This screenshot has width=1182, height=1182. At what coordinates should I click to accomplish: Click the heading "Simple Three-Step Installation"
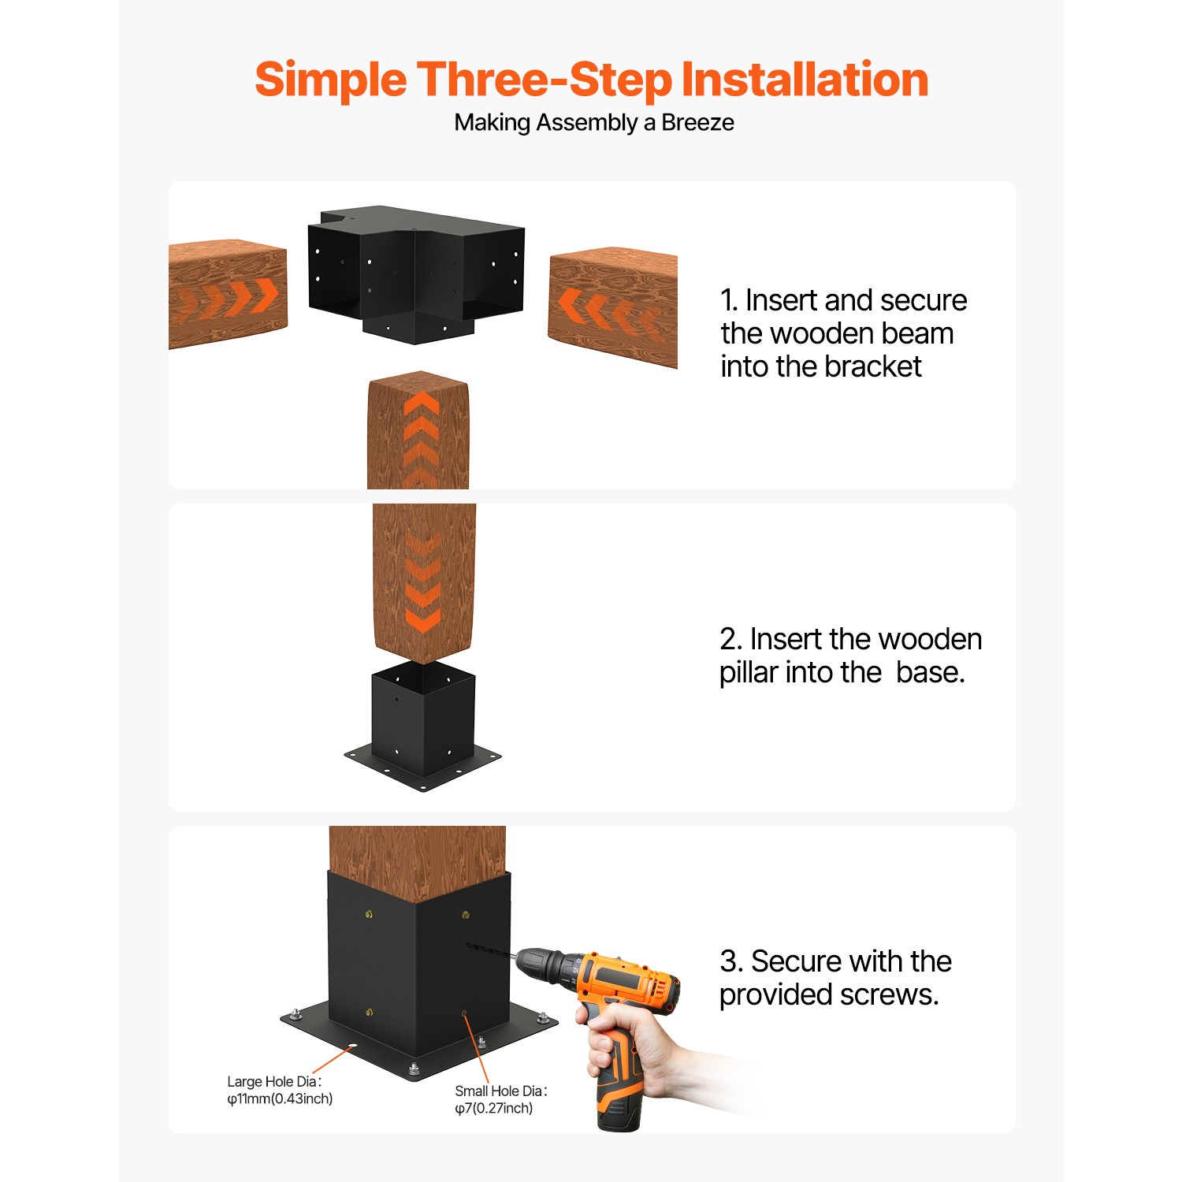(591, 80)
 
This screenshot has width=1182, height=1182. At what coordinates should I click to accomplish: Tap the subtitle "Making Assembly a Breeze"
(593, 123)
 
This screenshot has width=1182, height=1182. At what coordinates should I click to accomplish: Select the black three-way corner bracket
(415, 272)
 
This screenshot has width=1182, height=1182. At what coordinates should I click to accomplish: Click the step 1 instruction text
(842, 333)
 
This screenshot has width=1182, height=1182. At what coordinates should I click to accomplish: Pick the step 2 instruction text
(849, 656)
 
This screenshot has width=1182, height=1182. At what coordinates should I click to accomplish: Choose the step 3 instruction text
(834, 978)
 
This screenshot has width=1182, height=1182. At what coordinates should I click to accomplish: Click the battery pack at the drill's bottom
(619, 1103)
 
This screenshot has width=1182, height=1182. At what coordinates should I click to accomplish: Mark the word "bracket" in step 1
(875, 366)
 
